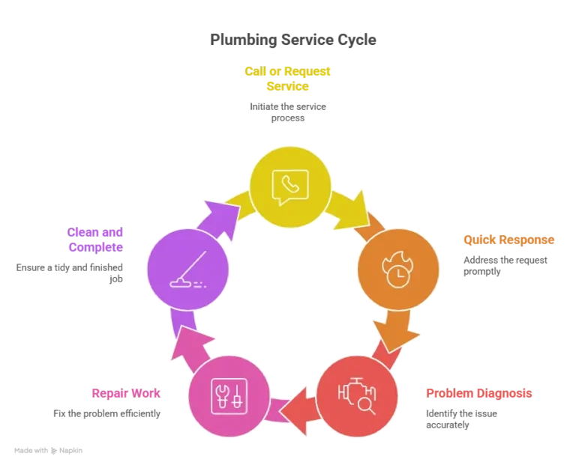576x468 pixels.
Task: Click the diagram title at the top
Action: click(294, 38)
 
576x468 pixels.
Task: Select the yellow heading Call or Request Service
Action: click(288, 79)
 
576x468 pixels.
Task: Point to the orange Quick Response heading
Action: click(509, 240)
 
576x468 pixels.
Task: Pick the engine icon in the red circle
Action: click(357, 395)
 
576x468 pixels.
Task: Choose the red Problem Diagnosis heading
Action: click(479, 393)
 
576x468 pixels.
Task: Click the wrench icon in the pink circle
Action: click(229, 395)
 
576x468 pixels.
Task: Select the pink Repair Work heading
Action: click(126, 393)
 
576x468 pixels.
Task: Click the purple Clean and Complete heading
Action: click(96, 239)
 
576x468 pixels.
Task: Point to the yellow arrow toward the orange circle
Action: click(352, 207)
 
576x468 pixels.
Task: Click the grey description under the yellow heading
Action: click(288, 113)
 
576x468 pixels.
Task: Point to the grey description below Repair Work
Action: click(105, 413)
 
